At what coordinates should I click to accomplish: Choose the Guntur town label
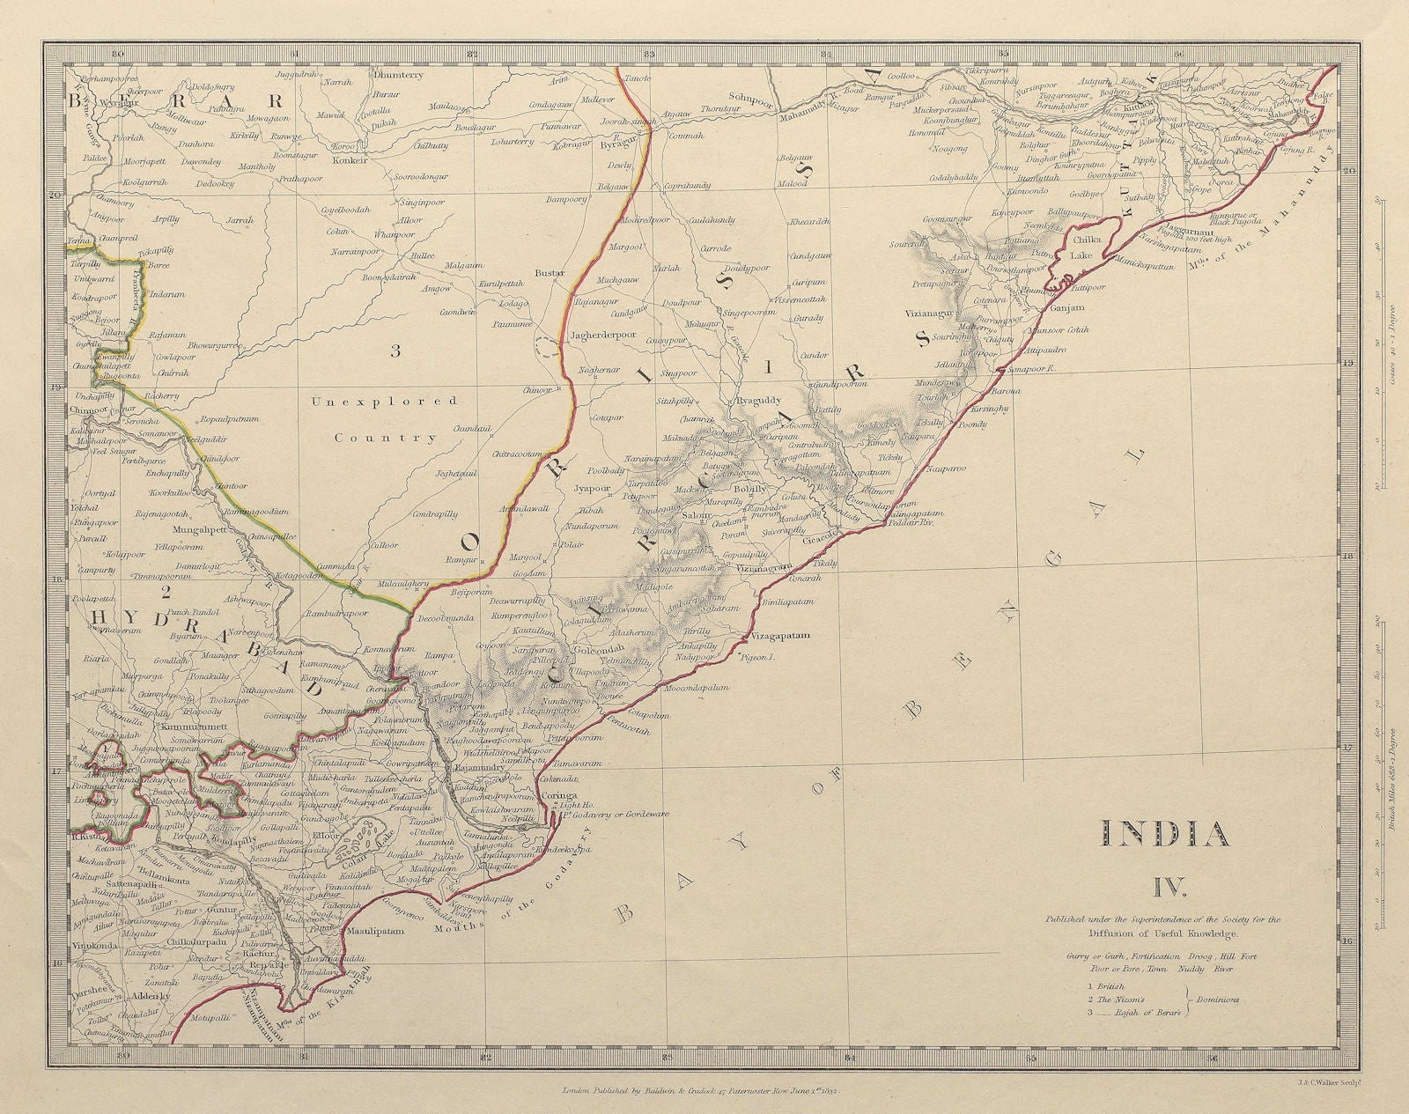(x=225, y=914)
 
